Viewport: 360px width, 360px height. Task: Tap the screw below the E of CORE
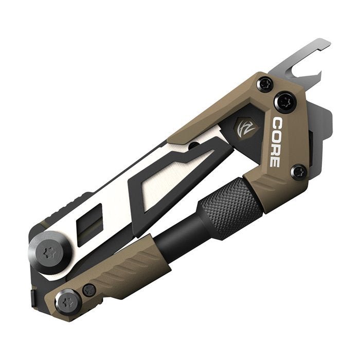tap(298, 172)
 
